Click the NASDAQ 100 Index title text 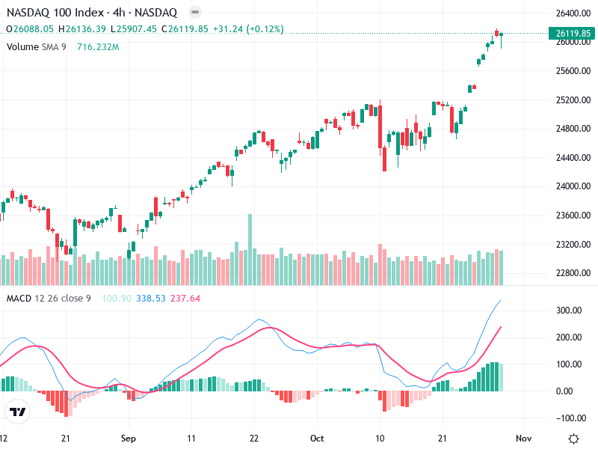click(49, 13)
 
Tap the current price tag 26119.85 click(573, 33)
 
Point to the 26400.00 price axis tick click(573, 13)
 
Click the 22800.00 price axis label click(573, 273)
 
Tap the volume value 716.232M click(98, 46)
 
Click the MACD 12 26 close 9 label click(49, 299)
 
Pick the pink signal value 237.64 click(185, 299)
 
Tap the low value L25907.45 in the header click(134, 29)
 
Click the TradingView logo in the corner click(18, 412)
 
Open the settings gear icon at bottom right click(573, 439)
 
